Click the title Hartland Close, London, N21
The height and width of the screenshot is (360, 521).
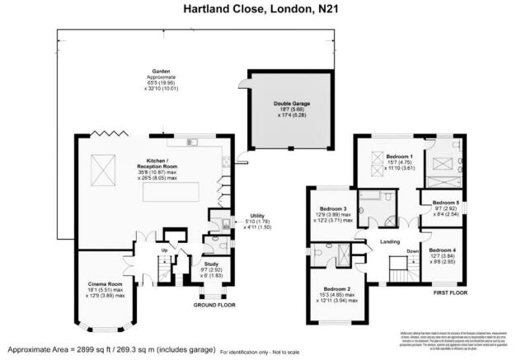(260, 9)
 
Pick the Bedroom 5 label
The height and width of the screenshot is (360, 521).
(445, 203)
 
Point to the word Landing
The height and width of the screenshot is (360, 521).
(389, 241)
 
